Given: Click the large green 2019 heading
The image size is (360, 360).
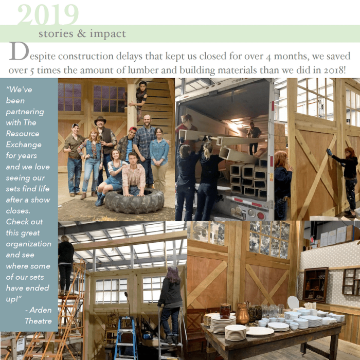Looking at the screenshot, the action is [x=48, y=14].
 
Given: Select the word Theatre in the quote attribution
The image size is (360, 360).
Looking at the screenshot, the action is [x=39, y=321].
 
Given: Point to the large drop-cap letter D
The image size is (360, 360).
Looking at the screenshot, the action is [x=20, y=51].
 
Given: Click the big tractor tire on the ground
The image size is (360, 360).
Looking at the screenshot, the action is [x=135, y=201].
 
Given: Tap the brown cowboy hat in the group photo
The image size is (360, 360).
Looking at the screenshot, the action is [x=100, y=120].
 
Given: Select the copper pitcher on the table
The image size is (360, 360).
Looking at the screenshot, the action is [x=242, y=313].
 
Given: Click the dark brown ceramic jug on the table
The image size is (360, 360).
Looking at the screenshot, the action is [x=225, y=311].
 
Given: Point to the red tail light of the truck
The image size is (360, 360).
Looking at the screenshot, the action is [x=261, y=215].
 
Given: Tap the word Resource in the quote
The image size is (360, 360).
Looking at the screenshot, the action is [x=23, y=134].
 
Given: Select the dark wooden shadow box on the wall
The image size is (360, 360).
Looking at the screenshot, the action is [x=315, y=285].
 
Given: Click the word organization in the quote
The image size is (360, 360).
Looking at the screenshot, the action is [x=28, y=244].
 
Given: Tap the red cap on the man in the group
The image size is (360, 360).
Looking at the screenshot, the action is [x=133, y=129].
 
